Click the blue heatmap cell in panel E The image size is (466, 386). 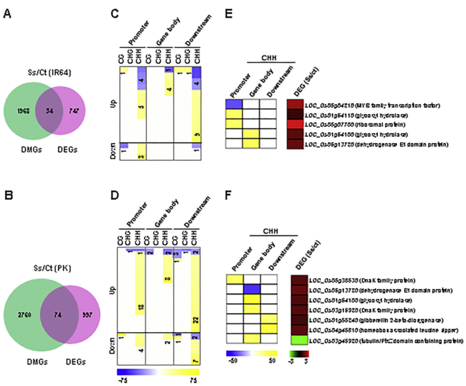tap(234, 103)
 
